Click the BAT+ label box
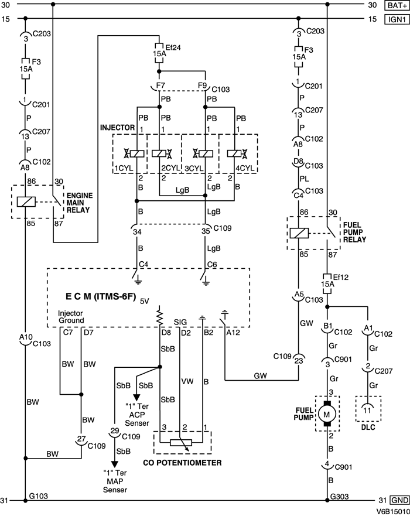click(395, 5)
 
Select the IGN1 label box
click(395, 19)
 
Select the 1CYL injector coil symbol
click(137, 154)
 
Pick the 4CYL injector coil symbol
click(232, 154)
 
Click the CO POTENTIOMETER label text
click(183, 463)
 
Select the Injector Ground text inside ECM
click(71, 317)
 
